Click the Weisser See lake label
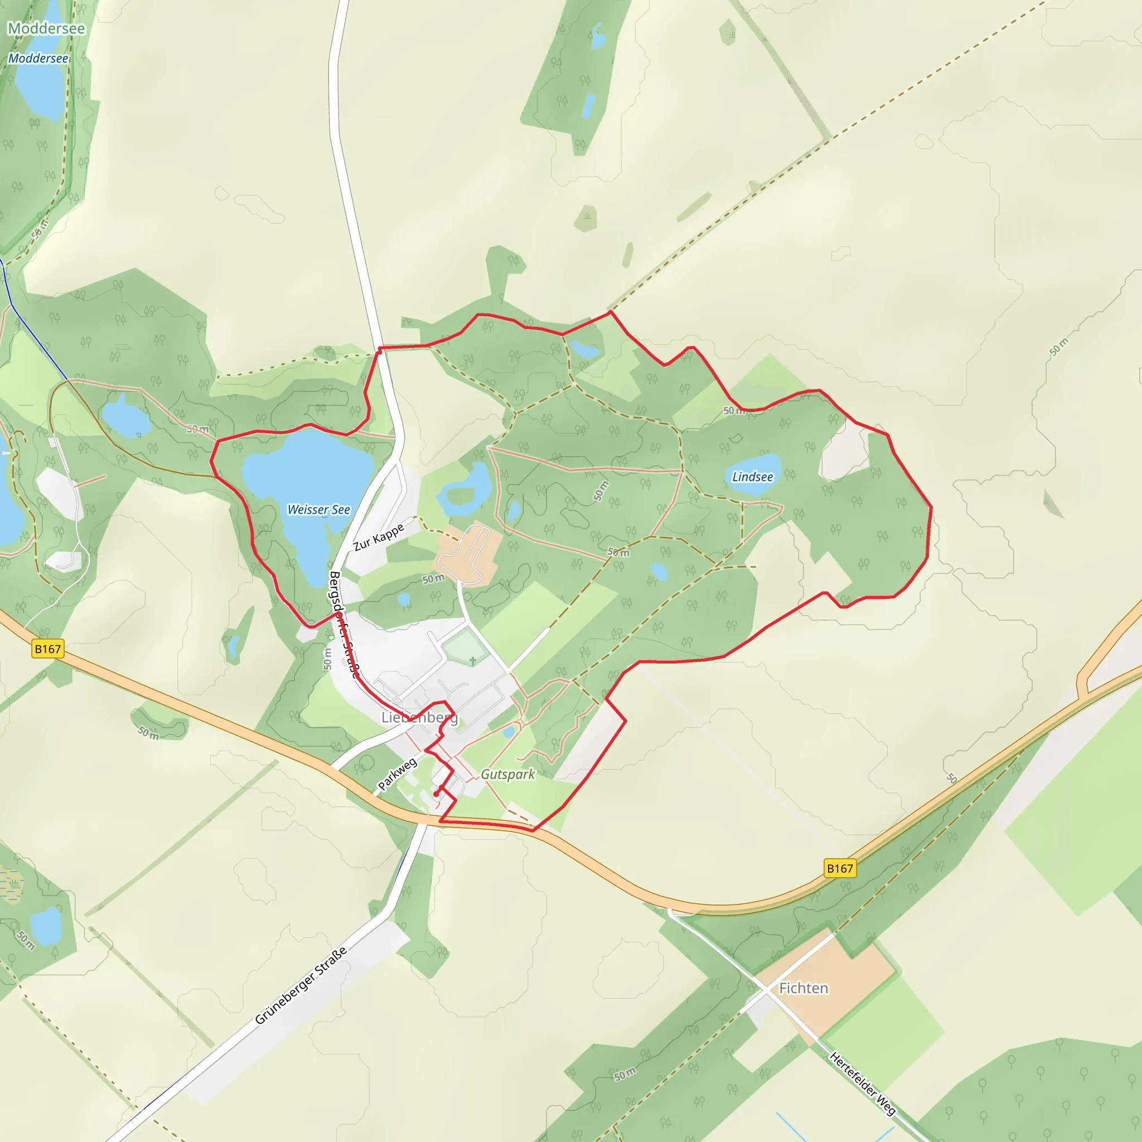tap(318, 510)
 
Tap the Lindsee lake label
tap(752, 477)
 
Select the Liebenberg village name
tap(419, 718)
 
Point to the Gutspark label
tap(507, 775)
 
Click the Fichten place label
tap(804, 988)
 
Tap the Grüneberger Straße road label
tap(301, 986)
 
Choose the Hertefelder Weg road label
tap(863, 1083)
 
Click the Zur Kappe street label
tap(378, 537)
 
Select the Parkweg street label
tap(397, 775)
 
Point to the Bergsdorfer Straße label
tap(344, 623)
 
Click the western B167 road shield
tap(47, 649)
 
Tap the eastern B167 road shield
tap(839, 868)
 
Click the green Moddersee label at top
tap(46, 28)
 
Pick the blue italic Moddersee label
tap(38, 59)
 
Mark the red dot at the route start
tap(436, 795)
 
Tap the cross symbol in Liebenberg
tap(473, 660)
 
